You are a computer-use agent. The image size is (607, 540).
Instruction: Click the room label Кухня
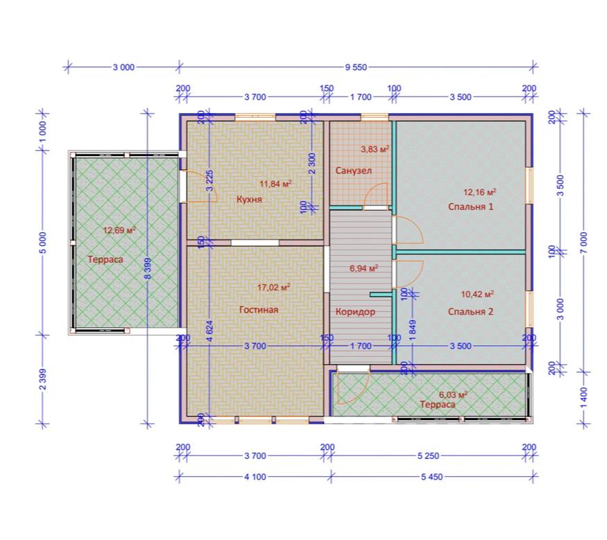tap(249, 200)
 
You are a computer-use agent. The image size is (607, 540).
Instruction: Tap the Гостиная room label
tap(259, 310)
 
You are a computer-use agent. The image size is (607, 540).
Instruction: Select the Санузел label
tap(353, 171)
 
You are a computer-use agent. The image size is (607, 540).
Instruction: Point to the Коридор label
tap(355, 312)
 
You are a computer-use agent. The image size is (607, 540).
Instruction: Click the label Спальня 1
tap(471, 207)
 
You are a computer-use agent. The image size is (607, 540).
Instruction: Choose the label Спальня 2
tap(470, 312)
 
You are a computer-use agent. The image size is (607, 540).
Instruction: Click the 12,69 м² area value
tap(119, 231)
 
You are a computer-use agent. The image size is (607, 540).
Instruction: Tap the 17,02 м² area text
tap(274, 288)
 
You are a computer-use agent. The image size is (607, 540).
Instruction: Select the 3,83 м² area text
tap(375, 149)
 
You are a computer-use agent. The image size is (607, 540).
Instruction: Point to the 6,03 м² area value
tap(453, 395)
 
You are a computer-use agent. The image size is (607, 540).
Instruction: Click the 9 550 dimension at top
tap(356, 67)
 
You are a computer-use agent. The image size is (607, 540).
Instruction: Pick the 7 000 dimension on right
tap(584, 243)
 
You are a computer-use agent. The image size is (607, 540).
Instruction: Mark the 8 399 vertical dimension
tap(148, 268)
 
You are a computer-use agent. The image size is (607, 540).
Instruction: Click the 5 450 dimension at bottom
tap(432, 477)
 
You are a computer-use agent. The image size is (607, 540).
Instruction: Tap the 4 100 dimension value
tap(255, 477)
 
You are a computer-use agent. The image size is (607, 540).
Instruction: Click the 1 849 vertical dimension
tap(413, 330)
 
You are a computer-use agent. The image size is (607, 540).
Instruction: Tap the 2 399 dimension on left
tap(43, 379)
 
